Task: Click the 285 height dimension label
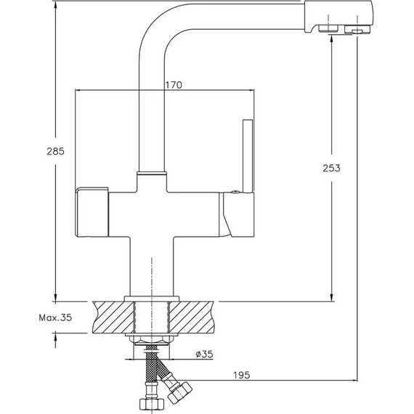coord(55,151)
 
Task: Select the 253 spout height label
coord(332,168)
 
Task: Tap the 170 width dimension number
coord(174,85)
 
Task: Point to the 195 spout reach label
coord(242,375)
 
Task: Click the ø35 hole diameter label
coord(204,354)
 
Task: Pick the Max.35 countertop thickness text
coord(55,317)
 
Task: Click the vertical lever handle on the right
coord(248,155)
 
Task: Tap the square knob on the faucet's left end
coord(92,212)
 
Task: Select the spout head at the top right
coord(338,17)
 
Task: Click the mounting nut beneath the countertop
coord(151,340)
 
